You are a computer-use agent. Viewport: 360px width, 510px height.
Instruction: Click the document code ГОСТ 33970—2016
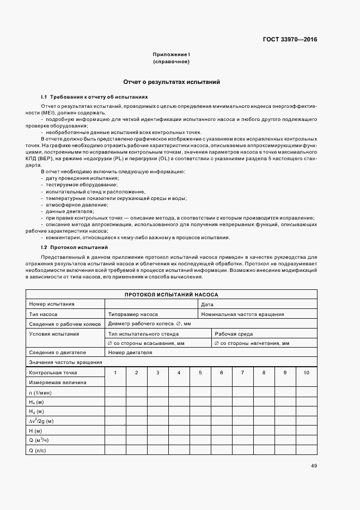click(290, 39)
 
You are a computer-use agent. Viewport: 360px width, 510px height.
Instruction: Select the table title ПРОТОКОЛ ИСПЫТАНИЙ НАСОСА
click(171, 294)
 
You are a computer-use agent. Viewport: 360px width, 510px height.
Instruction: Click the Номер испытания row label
click(52, 304)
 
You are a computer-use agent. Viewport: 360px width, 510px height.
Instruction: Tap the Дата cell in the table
click(208, 304)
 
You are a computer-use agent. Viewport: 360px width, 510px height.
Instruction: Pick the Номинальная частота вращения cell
click(242, 314)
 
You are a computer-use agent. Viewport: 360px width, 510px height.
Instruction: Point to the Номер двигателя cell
click(130, 352)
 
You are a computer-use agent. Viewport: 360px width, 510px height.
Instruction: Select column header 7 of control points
click(242, 372)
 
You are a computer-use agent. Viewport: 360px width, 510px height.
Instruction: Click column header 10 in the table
click(306, 372)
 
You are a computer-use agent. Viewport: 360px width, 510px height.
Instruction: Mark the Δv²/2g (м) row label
click(41, 421)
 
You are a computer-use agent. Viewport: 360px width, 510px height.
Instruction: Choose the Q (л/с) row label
click(38, 450)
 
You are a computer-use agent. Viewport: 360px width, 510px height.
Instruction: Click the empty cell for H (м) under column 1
click(115, 430)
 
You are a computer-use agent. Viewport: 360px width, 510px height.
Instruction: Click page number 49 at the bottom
click(314, 465)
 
